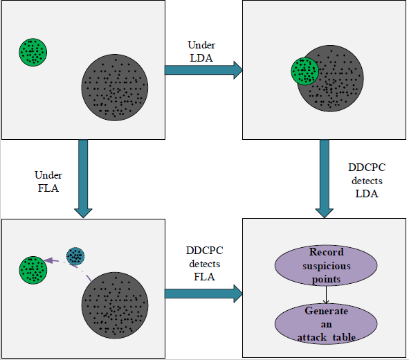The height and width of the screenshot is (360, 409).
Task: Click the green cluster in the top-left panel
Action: (x=33, y=52)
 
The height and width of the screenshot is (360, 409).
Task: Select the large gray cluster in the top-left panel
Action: (x=115, y=87)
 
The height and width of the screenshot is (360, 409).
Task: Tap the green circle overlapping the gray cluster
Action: (x=305, y=71)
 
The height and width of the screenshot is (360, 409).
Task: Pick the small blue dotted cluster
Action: (x=75, y=256)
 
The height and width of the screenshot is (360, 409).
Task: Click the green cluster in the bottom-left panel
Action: (x=33, y=270)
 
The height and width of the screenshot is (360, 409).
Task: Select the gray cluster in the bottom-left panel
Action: (x=115, y=305)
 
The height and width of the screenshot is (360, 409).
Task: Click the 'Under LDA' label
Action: (x=201, y=51)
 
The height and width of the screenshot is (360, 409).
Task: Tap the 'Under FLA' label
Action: (x=48, y=181)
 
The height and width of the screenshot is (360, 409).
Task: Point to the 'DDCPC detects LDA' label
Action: (x=367, y=181)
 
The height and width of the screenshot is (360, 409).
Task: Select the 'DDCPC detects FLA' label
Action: (x=205, y=264)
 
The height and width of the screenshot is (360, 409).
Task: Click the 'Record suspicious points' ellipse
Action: (x=326, y=266)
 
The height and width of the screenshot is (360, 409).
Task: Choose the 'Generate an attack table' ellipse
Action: (x=326, y=324)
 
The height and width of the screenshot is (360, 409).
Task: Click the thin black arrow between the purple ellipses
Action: (x=326, y=295)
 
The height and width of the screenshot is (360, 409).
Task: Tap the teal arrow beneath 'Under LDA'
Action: (x=203, y=70)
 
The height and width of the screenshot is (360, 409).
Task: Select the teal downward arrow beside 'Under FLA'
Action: (x=83, y=179)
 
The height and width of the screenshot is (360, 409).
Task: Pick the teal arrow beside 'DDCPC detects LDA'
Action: (x=325, y=179)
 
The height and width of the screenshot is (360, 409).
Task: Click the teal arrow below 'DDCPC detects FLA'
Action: (x=203, y=294)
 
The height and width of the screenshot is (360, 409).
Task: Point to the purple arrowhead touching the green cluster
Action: (x=48, y=260)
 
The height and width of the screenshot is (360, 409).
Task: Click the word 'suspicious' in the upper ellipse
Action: (x=327, y=266)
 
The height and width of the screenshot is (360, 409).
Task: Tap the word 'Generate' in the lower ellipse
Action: (x=327, y=311)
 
